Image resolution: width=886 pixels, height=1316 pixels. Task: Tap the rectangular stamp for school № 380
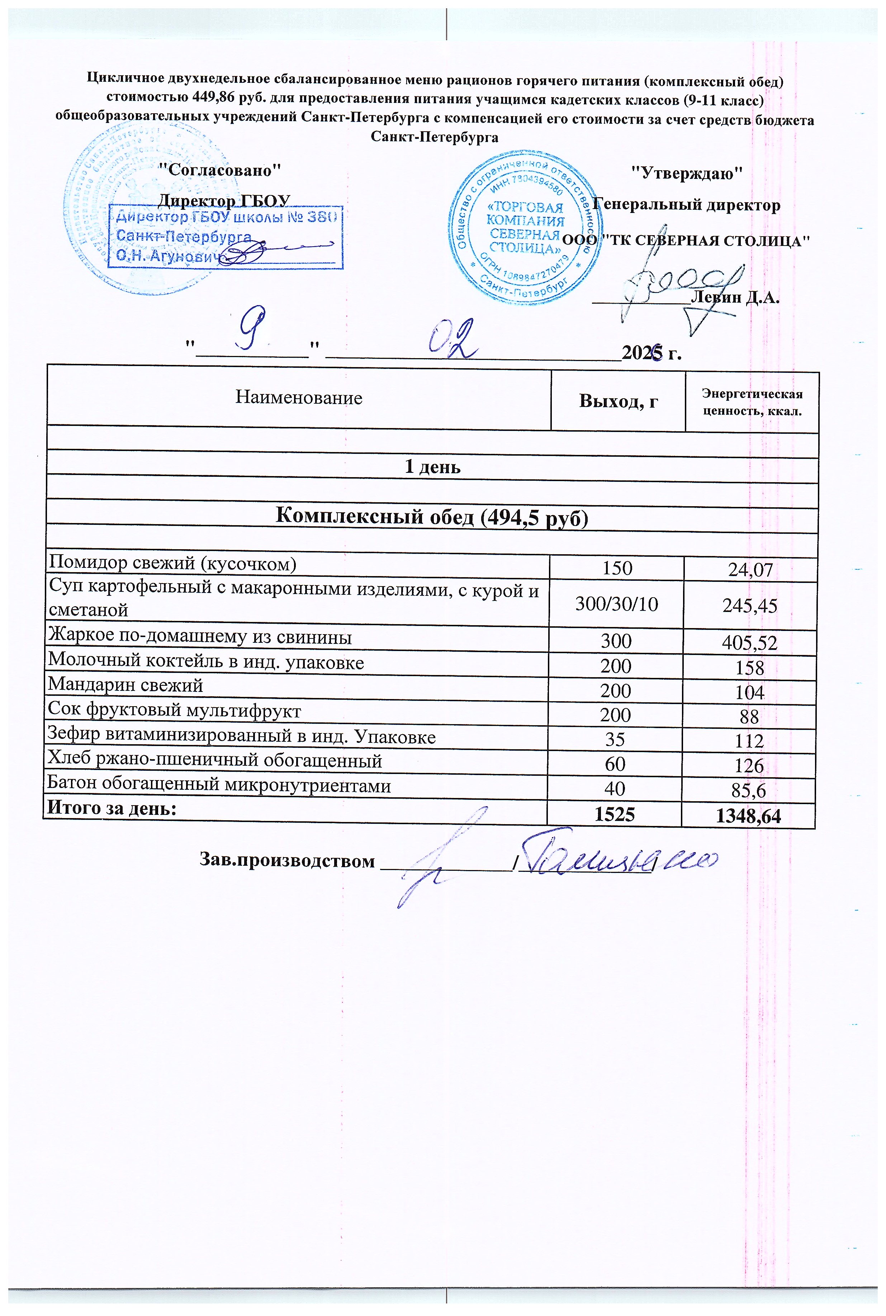(226, 237)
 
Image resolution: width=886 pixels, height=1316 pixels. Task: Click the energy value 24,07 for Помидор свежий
(750, 570)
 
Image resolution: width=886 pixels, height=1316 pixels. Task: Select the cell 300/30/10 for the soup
(616, 604)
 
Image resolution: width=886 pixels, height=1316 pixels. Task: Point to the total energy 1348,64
(750, 816)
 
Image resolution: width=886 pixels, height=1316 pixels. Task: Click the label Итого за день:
(112, 809)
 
